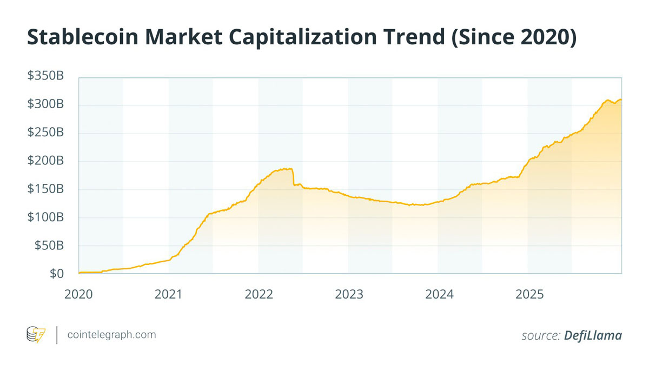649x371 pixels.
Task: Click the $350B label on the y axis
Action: coord(45,76)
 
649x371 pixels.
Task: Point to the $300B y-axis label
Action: coord(45,104)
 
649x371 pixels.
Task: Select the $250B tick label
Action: coord(45,132)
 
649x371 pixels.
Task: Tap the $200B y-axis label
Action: coord(45,161)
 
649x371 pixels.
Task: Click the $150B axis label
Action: coord(45,189)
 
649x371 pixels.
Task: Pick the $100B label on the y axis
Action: coord(45,217)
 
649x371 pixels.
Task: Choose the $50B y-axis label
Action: coord(49,246)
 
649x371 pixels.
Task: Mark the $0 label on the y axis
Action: coord(56,274)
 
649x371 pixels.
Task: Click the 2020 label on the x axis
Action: coord(78,294)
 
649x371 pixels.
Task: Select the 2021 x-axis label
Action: coord(168,294)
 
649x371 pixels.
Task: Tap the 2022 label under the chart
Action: coord(259,294)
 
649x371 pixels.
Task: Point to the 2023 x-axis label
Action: coord(349,294)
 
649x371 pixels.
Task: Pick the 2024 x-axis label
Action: coord(439,294)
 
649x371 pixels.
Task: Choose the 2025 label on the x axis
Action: coord(529,294)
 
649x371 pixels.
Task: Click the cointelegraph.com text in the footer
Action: coord(111,335)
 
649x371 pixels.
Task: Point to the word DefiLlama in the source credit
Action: coord(593,335)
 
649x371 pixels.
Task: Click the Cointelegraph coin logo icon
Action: coord(36,335)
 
